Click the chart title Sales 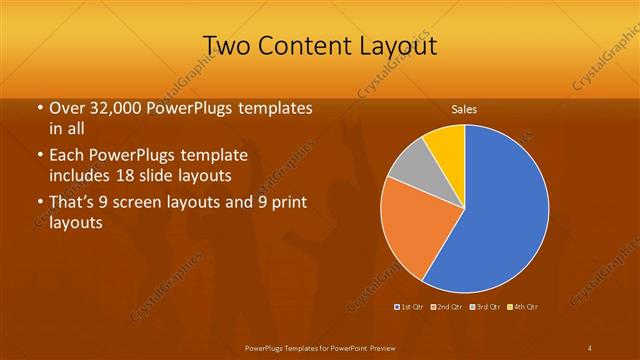463,108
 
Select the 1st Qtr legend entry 412,306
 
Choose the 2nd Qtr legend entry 448,306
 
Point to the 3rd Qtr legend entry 486,306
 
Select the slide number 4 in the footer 590,347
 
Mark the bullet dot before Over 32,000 39,108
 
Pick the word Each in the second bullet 67,157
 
